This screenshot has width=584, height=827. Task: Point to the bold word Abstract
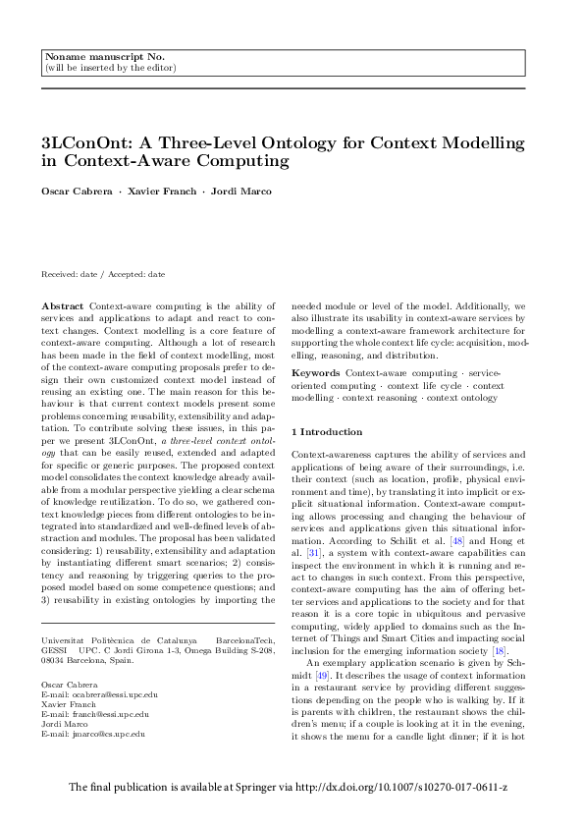[x=64, y=306]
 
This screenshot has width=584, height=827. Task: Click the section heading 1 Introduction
[x=331, y=431]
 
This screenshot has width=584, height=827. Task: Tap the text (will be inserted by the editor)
[x=110, y=68]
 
